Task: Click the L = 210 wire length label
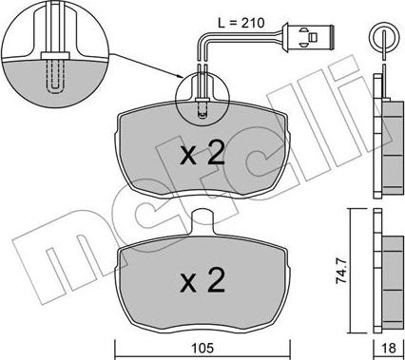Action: pos(240,19)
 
